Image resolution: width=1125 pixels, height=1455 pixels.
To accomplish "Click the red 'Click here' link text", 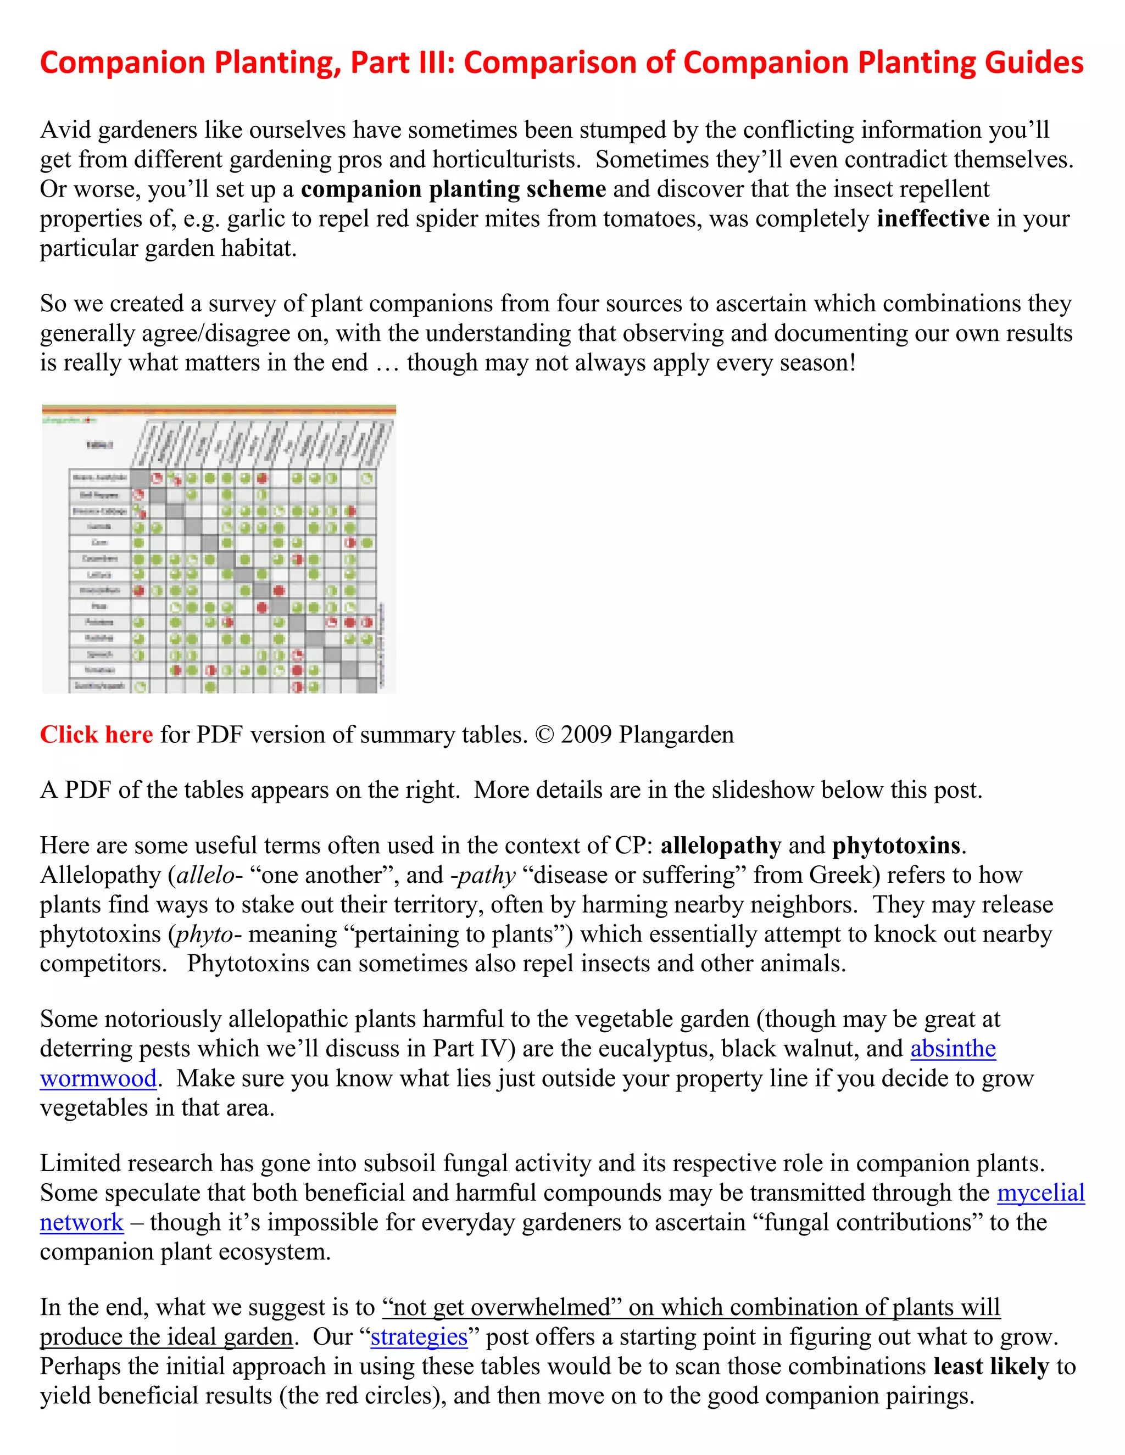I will [x=96, y=735].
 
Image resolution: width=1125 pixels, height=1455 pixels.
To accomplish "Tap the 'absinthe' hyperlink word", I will [x=953, y=1049].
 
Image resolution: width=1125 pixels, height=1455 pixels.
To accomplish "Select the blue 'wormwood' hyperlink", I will [x=98, y=1078].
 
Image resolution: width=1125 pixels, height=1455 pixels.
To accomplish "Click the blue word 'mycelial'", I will [x=1040, y=1193].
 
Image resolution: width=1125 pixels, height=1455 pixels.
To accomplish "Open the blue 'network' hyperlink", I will [x=81, y=1223].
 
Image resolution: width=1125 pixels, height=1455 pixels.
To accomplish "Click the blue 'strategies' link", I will [x=419, y=1337].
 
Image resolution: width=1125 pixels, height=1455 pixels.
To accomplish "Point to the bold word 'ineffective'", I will [x=932, y=219].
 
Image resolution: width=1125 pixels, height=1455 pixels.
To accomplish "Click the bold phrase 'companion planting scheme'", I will [x=453, y=189].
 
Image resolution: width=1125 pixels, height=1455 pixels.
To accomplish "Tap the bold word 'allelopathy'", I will [x=721, y=846].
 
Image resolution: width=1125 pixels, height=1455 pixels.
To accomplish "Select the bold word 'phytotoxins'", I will [x=896, y=846].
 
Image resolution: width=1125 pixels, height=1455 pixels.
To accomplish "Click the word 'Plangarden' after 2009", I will [x=676, y=735].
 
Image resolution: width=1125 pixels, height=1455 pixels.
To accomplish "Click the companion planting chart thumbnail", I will [x=219, y=549].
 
